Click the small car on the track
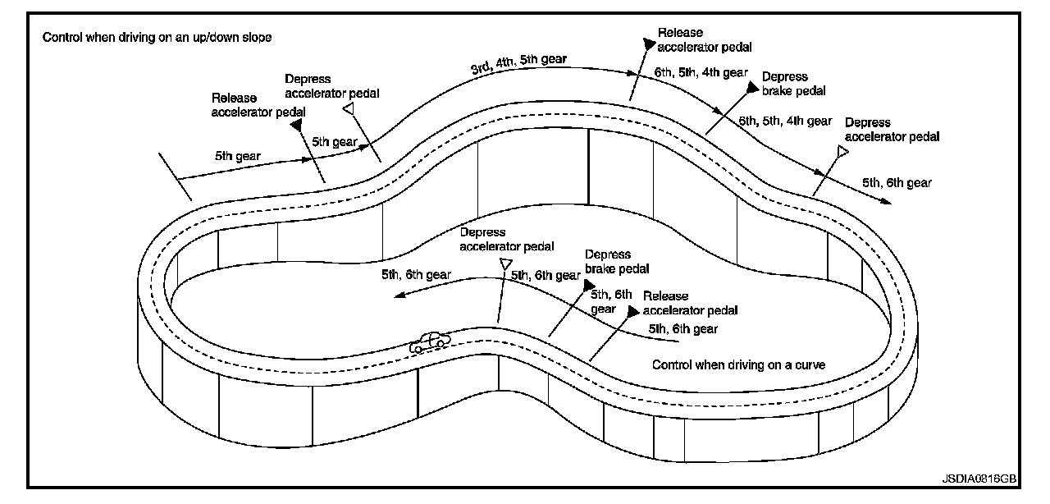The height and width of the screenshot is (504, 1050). (430, 342)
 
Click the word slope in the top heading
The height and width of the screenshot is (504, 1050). (257, 37)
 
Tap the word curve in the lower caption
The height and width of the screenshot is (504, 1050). (810, 364)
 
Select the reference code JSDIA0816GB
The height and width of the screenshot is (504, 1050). (979, 479)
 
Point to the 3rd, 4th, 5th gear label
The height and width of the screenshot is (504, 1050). (518, 63)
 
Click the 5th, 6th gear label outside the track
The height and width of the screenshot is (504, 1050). (897, 182)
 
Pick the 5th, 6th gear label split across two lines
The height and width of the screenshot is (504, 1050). (611, 301)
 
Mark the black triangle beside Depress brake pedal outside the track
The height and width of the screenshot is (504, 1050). (753, 87)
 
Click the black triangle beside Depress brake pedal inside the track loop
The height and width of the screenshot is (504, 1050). (589, 284)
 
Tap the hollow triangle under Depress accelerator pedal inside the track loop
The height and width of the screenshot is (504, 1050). (505, 263)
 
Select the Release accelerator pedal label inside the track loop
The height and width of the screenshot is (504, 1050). (690, 303)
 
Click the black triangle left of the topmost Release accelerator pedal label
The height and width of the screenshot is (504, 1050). (649, 44)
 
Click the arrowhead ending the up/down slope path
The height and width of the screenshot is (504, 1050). (885, 201)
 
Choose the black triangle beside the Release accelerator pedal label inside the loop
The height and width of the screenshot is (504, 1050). (633, 311)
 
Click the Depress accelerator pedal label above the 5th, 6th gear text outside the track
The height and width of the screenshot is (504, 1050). (892, 130)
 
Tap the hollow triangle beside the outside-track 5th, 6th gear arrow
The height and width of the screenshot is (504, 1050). (842, 151)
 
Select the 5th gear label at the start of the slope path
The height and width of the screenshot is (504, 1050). (238, 156)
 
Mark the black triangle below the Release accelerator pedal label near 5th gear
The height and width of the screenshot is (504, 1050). (296, 125)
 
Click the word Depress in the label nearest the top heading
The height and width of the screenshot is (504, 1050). (308, 79)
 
